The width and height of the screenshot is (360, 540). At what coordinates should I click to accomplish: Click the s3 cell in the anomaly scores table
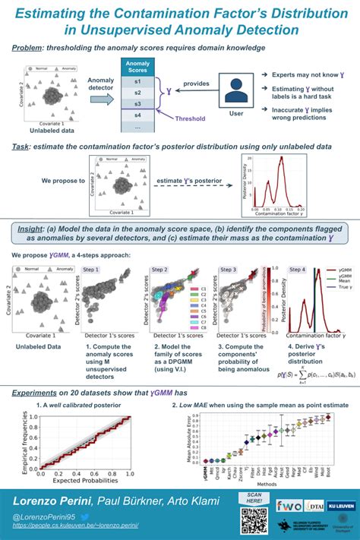[x=137, y=103]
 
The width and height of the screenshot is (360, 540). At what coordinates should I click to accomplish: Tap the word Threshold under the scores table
[x=190, y=119]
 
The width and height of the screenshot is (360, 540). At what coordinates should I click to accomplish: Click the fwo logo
[x=288, y=505]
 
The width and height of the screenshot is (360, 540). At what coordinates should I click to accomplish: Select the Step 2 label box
[x=160, y=270]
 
